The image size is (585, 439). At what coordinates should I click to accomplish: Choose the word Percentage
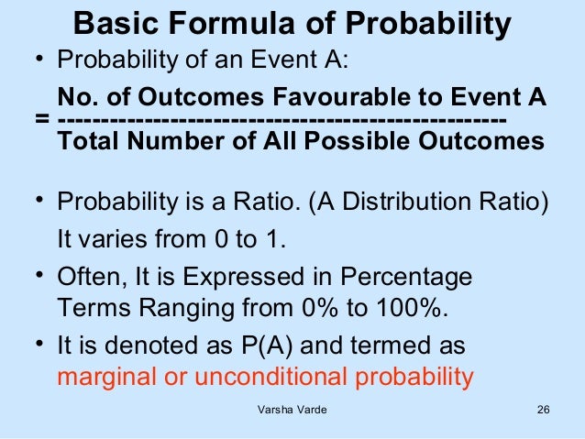(407, 276)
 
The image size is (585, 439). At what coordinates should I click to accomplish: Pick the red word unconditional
(275, 377)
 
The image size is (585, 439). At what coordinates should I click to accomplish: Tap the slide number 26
(542, 421)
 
